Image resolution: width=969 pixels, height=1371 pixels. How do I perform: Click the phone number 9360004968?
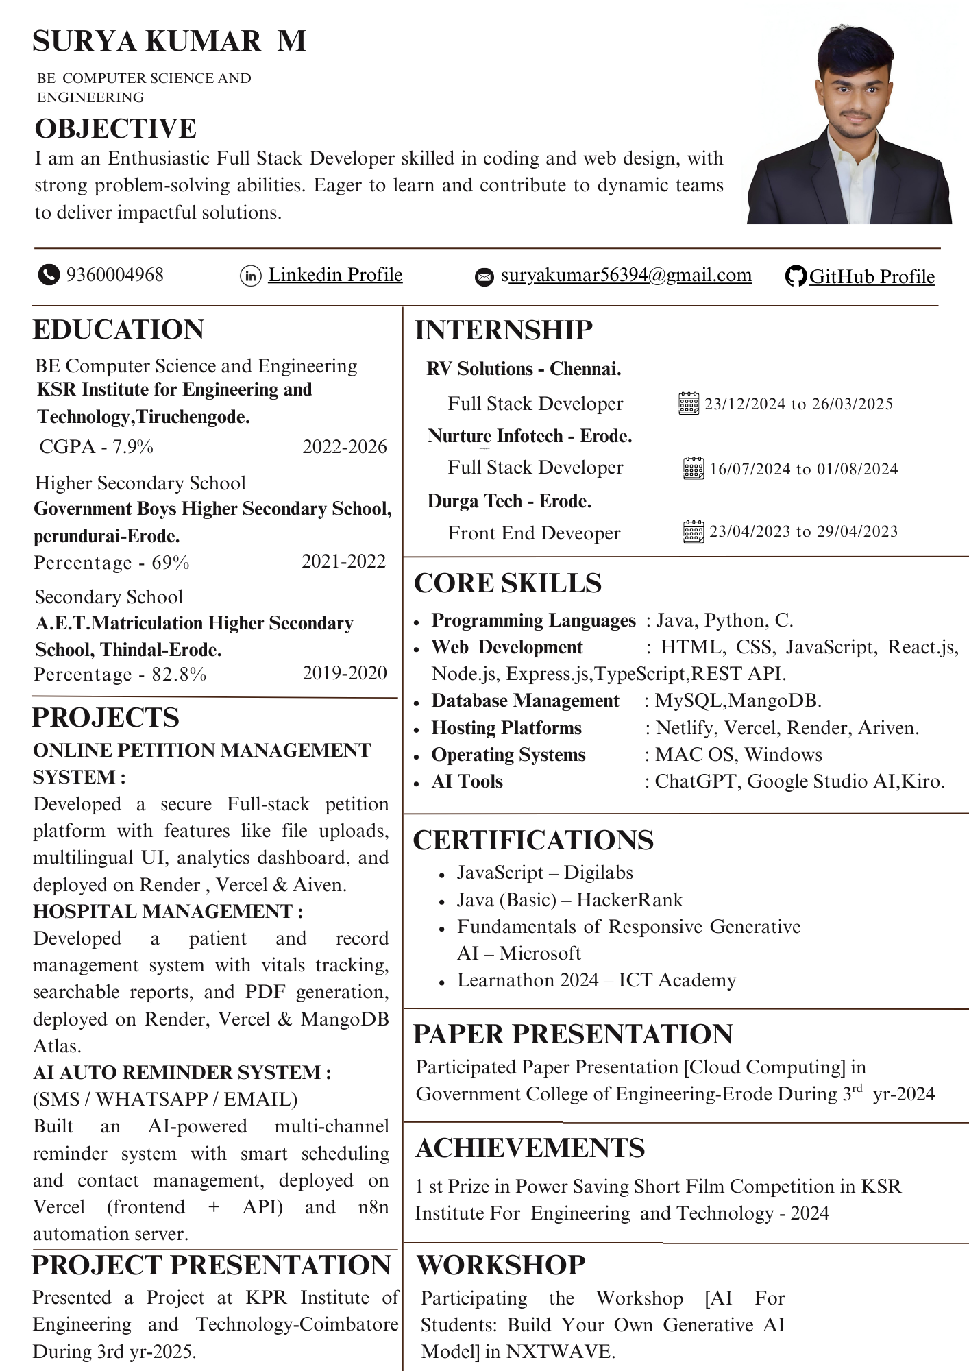(x=114, y=275)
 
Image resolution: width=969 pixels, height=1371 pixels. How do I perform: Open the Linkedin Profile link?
(x=334, y=275)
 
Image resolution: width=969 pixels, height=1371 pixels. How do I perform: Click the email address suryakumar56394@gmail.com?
(x=626, y=275)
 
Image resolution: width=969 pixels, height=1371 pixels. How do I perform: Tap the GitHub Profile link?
(x=871, y=277)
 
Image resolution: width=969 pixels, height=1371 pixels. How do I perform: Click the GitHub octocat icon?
(x=795, y=276)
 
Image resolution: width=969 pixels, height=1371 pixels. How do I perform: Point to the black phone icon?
(x=48, y=275)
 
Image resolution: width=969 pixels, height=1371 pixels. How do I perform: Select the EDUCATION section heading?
(x=118, y=330)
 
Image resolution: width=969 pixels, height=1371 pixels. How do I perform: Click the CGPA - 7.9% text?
(x=96, y=447)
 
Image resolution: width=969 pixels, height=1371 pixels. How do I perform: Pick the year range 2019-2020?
(x=345, y=673)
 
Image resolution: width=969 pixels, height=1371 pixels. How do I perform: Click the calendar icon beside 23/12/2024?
(x=688, y=404)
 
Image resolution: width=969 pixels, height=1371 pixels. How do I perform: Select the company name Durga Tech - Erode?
(x=509, y=501)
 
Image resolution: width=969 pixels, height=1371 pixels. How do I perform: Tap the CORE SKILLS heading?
(x=507, y=583)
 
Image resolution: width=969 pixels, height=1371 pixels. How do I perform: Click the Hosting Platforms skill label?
(x=506, y=728)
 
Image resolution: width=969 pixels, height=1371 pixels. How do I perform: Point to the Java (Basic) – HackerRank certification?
(x=569, y=899)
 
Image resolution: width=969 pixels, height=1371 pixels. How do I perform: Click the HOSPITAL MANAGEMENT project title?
(x=167, y=911)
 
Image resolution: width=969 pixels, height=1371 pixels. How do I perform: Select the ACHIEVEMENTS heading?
(x=530, y=1148)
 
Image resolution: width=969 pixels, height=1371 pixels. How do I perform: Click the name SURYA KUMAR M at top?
(x=169, y=41)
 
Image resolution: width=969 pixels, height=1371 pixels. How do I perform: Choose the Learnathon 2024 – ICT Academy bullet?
(x=596, y=980)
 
